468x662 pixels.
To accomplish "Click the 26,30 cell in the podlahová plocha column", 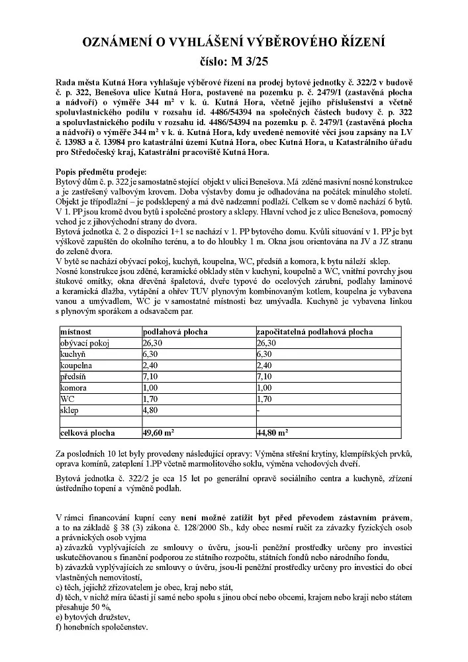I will (152, 343).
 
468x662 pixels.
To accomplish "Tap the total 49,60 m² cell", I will (158, 433).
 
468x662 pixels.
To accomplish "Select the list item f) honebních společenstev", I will (102, 626).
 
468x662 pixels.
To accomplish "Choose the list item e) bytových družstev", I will (91, 616).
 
